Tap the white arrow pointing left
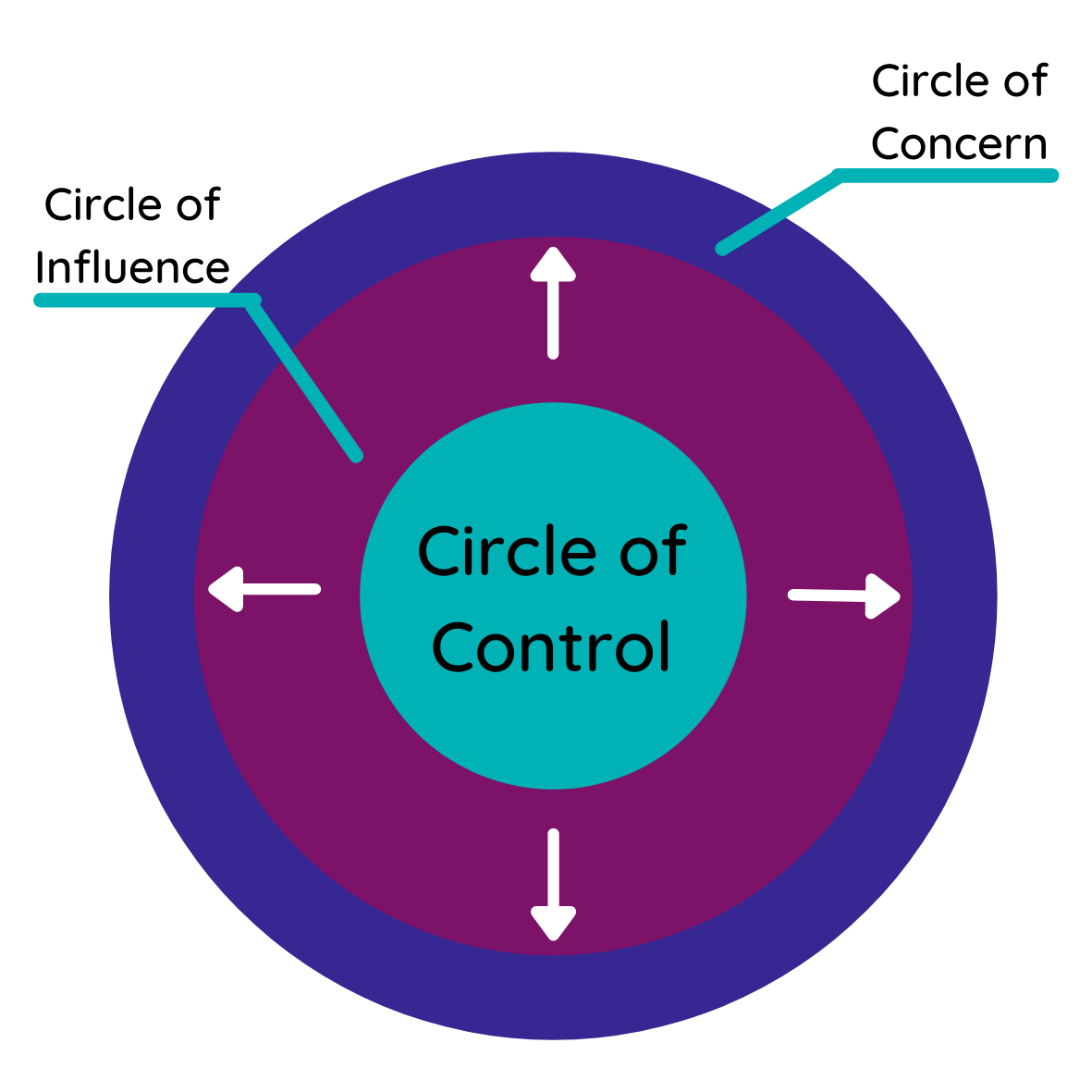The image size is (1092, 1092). (x=264, y=589)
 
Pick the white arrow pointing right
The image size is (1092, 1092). (x=844, y=595)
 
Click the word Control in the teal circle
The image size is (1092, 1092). (x=551, y=647)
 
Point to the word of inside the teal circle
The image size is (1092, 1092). (x=653, y=552)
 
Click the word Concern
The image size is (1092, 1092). (x=959, y=144)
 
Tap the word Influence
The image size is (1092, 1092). (x=132, y=268)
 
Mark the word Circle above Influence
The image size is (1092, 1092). (x=103, y=205)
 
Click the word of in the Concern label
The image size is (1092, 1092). (x=1024, y=81)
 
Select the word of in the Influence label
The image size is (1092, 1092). (x=196, y=205)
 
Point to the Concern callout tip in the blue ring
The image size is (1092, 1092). (x=722, y=249)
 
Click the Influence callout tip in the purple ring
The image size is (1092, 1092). (x=357, y=455)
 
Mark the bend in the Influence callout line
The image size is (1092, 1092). (x=252, y=301)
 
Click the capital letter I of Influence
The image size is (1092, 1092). (x=42, y=268)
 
